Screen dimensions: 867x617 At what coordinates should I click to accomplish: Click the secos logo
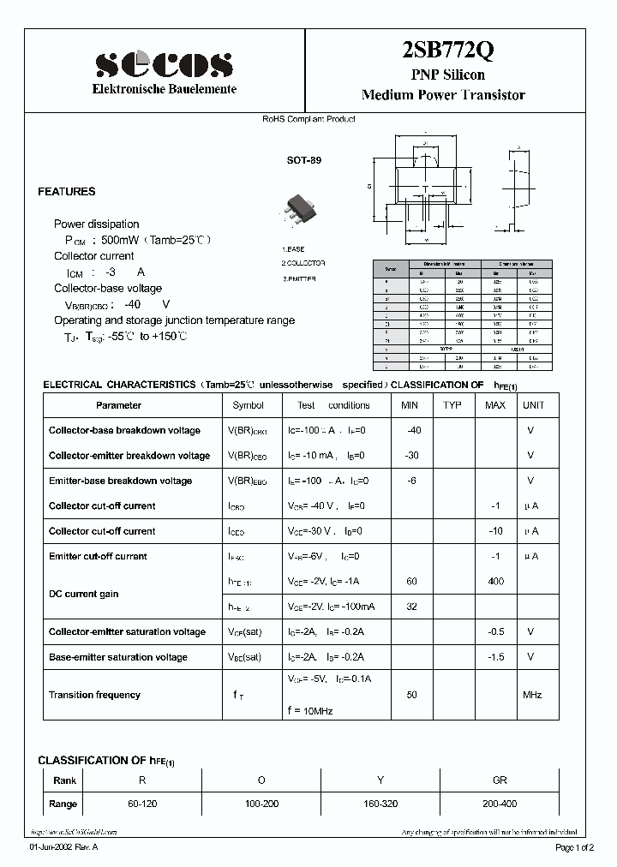click(164, 64)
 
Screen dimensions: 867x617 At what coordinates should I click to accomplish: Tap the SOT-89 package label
click(304, 160)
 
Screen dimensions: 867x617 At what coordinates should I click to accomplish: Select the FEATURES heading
click(67, 192)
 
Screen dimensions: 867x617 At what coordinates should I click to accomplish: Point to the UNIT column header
click(533, 405)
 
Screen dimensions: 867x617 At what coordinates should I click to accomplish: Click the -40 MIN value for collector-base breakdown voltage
click(413, 430)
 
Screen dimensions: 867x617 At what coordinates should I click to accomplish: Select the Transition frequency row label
click(94, 695)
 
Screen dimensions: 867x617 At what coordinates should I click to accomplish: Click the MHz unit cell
click(532, 695)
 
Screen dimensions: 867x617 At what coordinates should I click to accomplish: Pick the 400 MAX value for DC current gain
click(495, 582)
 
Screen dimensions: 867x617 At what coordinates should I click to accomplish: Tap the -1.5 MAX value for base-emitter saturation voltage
click(494, 657)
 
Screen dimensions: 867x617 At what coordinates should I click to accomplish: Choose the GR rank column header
click(500, 780)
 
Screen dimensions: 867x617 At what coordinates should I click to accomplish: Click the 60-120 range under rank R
click(141, 804)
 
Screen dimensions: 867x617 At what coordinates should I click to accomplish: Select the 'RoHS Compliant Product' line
click(308, 119)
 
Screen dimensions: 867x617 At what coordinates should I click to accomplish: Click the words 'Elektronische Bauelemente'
click(164, 90)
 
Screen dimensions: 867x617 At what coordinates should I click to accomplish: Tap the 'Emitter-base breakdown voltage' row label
click(120, 481)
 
